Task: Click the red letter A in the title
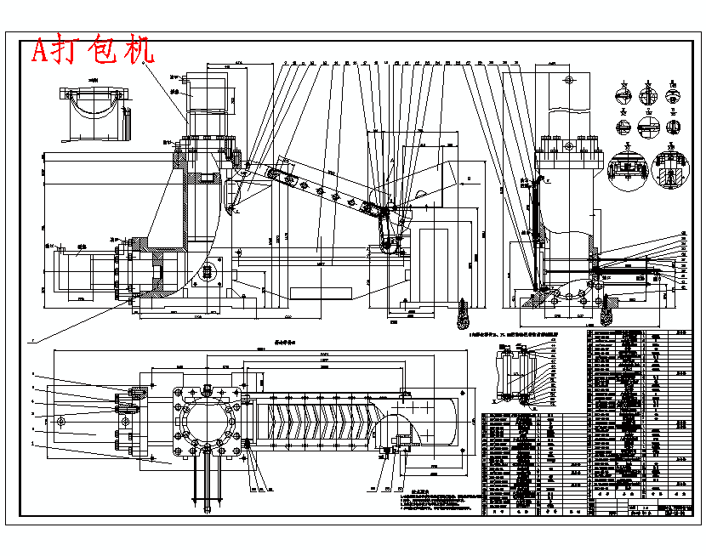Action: pyautogui.click(x=41, y=52)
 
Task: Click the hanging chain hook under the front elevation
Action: pyautogui.click(x=464, y=315)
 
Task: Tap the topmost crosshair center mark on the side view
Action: pyautogui.click(x=567, y=81)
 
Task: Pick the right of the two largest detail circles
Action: pyautogui.click(x=669, y=172)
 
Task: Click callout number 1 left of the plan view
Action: pyautogui.click(x=32, y=442)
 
